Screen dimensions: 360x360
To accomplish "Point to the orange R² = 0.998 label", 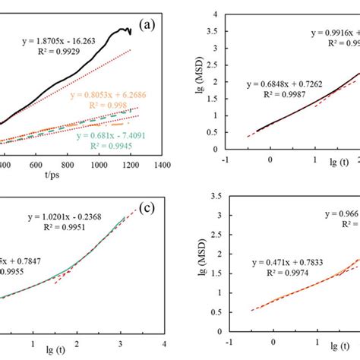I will (126, 107).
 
